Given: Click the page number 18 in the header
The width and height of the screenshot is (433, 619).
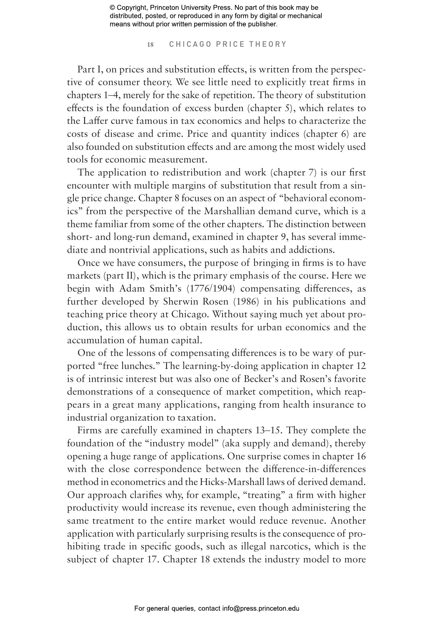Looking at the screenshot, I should coord(150,45).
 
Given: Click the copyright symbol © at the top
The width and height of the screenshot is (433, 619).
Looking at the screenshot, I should coord(112,8).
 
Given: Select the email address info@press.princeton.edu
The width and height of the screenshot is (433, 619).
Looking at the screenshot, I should coord(261,608).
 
